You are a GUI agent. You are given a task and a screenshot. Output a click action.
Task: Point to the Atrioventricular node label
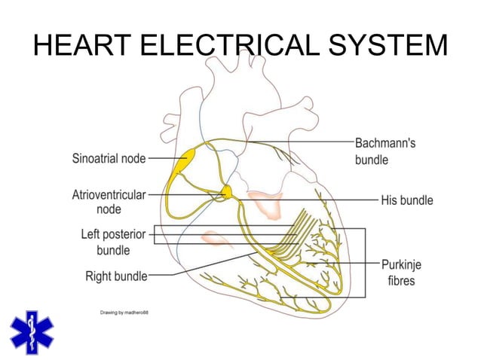[x=109, y=201]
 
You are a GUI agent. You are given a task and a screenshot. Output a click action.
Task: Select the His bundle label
[x=407, y=200]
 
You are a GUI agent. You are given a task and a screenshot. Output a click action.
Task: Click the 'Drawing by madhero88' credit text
[x=124, y=312]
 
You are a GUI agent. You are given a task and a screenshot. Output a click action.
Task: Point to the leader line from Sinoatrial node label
[x=161, y=159]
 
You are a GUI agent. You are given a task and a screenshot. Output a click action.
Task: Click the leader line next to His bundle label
[x=324, y=200]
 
